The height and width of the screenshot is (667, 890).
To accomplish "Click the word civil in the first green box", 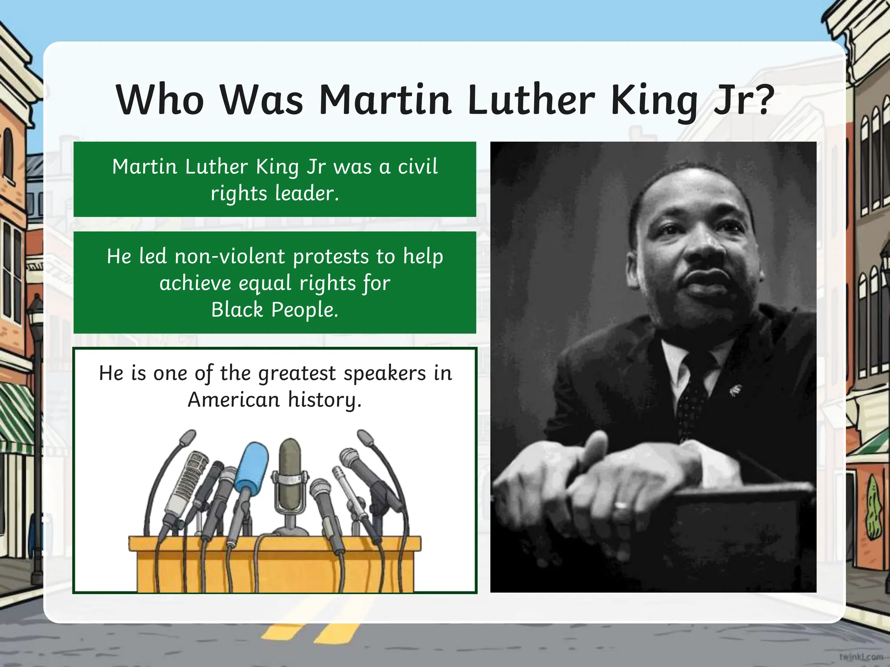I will [417, 167].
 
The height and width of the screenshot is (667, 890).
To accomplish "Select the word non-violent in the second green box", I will [230, 257].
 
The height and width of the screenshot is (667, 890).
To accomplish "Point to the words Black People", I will [275, 310].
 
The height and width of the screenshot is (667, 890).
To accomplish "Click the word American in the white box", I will [233, 400].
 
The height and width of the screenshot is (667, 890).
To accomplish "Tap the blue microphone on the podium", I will [251, 469].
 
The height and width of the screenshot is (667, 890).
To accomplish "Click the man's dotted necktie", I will [695, 391].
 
